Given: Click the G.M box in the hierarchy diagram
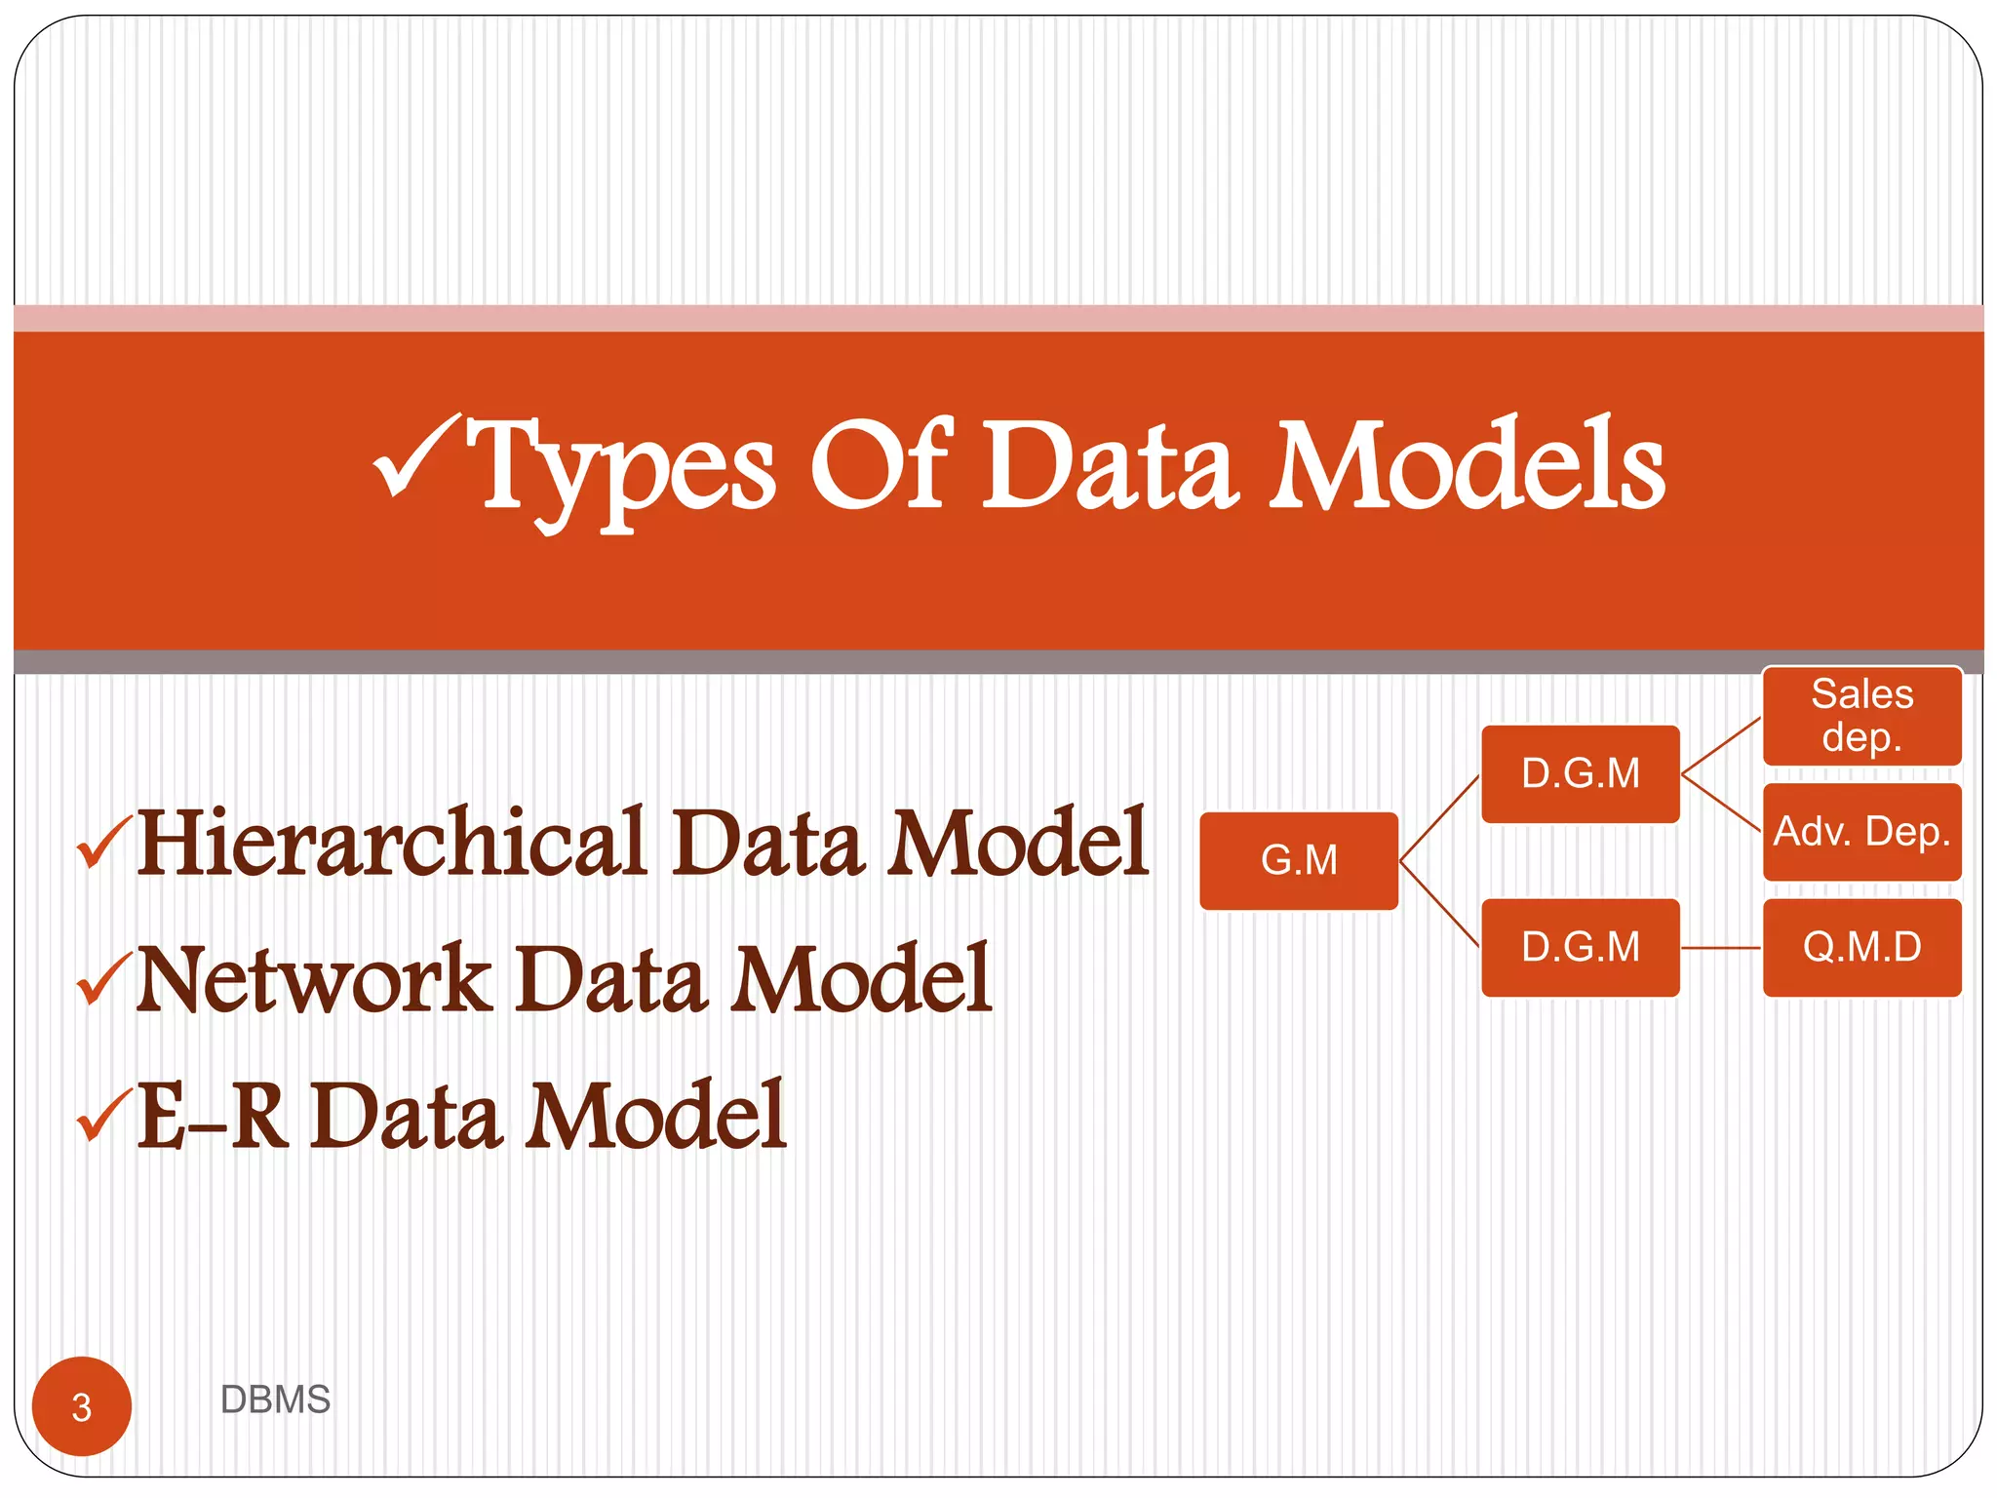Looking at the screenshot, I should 1299,860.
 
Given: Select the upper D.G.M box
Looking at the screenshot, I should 1580,773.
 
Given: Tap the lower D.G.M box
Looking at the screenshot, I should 1580,947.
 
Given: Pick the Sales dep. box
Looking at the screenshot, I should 1861,716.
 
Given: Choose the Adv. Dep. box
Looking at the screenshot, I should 1861,832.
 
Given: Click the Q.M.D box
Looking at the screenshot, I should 1861,947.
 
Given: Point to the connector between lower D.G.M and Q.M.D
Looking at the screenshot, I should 1721,947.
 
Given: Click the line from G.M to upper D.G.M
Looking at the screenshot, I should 1439,817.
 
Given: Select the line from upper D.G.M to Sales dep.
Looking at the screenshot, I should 1721,746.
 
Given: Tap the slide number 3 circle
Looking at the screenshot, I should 82,1405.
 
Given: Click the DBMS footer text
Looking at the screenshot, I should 275,1399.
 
